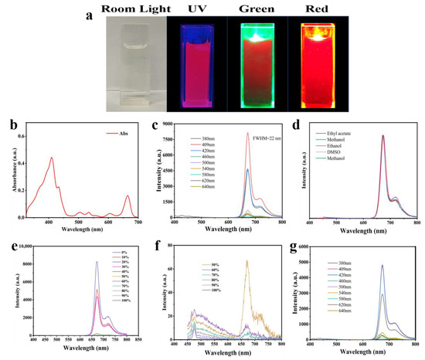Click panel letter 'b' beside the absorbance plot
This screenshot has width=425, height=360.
pyautogui.click(x=7, y=124)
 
